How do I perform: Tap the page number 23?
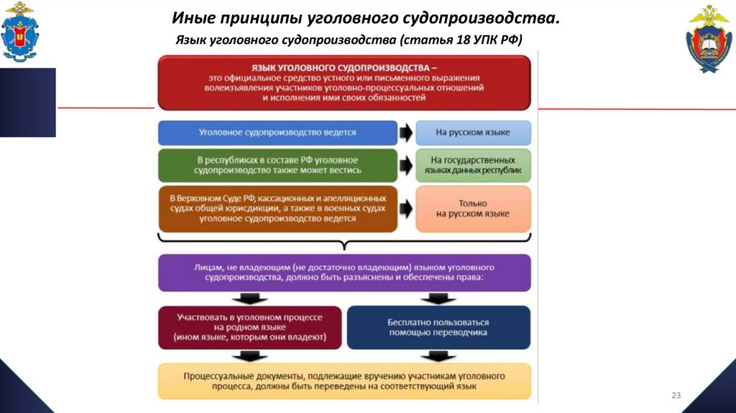click(x=676, y=395)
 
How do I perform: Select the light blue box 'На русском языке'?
click(x=473, y=133)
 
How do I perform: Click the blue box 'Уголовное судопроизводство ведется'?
click(x=277, y=133)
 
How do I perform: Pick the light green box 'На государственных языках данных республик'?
click(x=473, y=165)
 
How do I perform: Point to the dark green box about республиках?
click(x=277, y=165)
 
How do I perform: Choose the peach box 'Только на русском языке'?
click(x=473, y=209)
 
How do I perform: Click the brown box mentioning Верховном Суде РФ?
click(x=277, y=209)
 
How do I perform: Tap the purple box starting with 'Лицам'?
click(x=344, y=272)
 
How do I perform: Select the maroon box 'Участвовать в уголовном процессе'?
click(x=249, y=327)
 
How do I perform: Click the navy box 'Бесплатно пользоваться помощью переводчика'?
click(x=438, y=327)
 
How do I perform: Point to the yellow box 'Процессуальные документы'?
click(x=344, y=381)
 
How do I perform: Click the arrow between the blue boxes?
click(x=406, y=133)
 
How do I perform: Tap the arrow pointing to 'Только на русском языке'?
click(x=406, y=209)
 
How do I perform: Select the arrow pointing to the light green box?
click(x=406, y=165)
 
